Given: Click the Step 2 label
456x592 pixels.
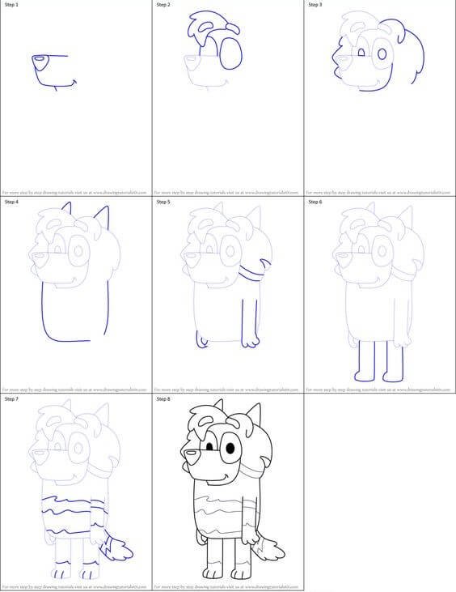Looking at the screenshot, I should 163,5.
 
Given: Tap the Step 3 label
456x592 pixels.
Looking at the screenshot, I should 315,5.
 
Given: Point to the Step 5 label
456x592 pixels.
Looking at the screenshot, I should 163,202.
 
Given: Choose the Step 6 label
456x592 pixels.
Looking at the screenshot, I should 315,202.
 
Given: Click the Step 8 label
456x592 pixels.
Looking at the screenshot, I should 163,399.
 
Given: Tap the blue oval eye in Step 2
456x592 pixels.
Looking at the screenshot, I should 230,53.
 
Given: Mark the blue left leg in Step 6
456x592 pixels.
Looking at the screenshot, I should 362,360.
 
